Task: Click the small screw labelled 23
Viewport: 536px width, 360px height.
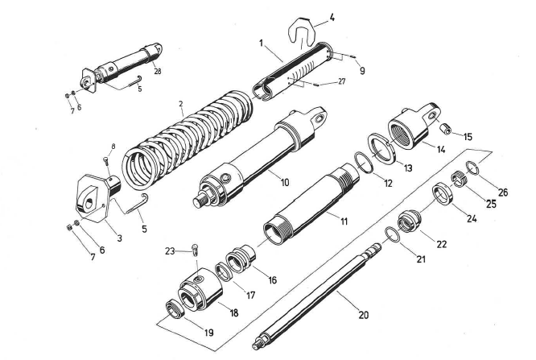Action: click(x=194, y=250)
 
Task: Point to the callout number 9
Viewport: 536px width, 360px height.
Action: click(x=361, y=71)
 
